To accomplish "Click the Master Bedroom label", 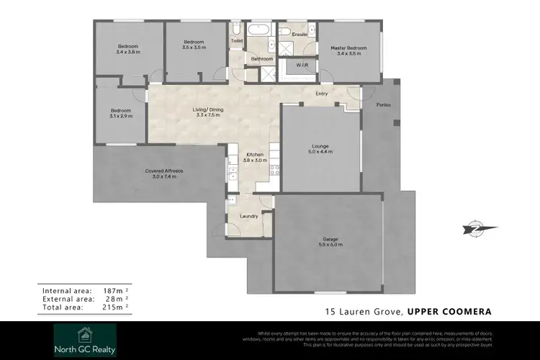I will [348, 48].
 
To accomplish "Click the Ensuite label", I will [300, 34].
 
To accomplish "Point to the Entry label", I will [323, 94].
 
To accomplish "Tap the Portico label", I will [383, 105].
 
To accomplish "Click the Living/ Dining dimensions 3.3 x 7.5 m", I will [207, 115].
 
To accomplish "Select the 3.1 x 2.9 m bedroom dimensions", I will [120, 115].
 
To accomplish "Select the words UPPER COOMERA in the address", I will [449, 312].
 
